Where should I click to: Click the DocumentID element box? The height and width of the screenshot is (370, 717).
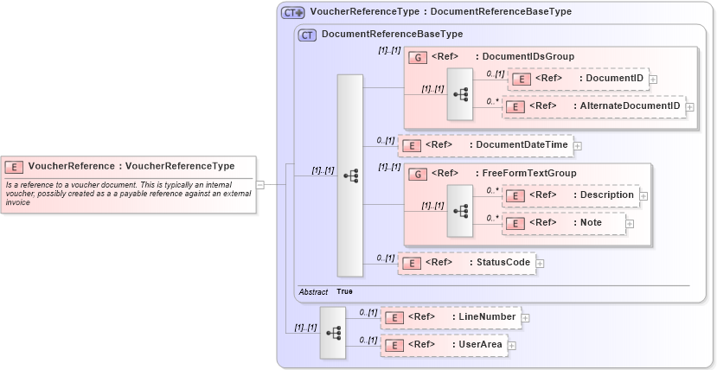tap(577, 80)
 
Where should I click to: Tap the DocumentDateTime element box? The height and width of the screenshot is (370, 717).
tap(485, 145)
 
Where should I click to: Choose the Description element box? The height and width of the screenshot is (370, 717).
tap(571, 195)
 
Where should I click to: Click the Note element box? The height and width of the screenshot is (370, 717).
tap(565, 222)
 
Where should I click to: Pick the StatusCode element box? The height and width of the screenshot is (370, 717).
tap(466, 263)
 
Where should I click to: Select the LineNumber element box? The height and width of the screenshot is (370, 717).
tap(451, 317)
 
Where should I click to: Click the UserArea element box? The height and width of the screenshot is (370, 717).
tap(444, 345)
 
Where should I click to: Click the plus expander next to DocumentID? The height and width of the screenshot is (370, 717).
tap(653, 80)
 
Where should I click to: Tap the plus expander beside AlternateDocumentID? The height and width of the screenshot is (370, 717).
tap(690, 107)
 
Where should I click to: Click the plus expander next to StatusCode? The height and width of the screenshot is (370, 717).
tap(540, 263)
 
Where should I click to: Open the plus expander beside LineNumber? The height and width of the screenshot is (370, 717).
tap(525, 318)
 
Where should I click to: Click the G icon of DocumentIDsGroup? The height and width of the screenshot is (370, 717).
tap(416, 57)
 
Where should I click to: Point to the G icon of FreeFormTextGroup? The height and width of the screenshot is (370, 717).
tap(416, 174)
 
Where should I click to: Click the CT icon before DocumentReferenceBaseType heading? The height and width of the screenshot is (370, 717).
tap(307, 35)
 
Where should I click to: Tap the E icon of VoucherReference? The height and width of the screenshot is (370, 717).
tap(14, 166)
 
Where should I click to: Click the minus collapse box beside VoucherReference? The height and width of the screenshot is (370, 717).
tap(260, 183)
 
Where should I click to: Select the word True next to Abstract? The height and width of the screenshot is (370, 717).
tap(344, 292)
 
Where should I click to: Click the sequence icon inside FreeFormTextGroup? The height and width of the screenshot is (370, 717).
tap(460, 210)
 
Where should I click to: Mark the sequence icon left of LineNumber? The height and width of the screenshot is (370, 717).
tap(333, 332)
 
